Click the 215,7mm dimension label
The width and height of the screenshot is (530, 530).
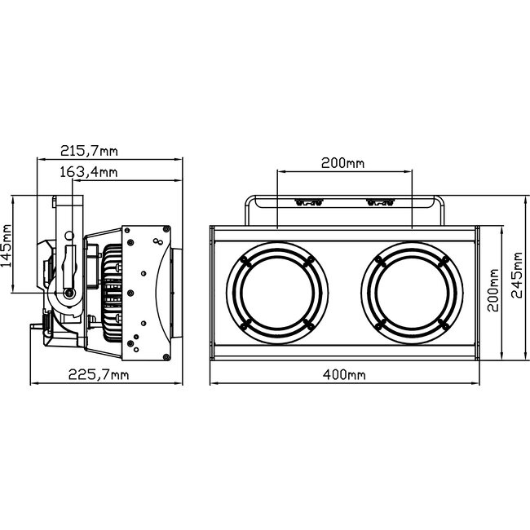tap(87, 151)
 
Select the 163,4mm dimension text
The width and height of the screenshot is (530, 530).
tap(89, 171)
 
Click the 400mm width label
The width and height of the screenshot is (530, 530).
tap(342, 374)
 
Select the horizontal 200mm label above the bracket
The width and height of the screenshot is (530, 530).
tap(342, 163)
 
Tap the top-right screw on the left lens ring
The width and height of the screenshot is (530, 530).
tap(309, 259)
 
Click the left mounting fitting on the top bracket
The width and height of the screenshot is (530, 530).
tap(307, 203)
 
